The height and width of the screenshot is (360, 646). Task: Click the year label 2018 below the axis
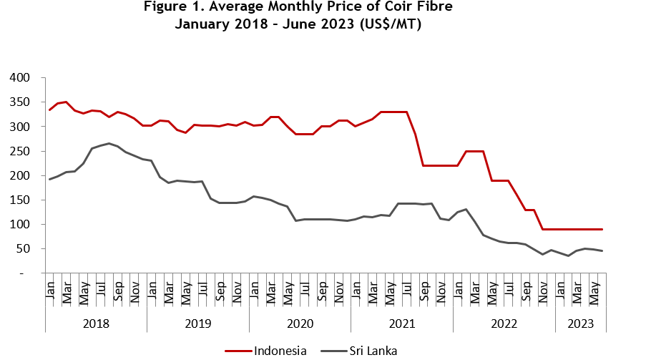96,323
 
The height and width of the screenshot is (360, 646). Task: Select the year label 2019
197,323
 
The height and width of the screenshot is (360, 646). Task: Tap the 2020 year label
300,323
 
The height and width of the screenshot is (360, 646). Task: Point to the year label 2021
401,323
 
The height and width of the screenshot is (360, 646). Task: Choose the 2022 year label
504,323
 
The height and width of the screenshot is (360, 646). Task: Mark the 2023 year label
580,323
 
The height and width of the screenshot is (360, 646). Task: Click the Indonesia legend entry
280,351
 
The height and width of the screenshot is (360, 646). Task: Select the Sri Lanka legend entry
373,351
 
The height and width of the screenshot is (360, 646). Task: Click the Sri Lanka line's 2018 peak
109,143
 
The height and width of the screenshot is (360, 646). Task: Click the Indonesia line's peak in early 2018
66,102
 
